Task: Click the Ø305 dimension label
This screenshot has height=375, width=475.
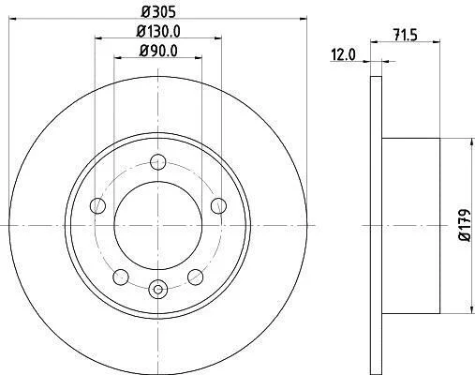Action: pos(158,11)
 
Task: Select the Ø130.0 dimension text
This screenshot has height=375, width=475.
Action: pos(158,31)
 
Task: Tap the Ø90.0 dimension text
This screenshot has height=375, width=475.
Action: pos(158,51)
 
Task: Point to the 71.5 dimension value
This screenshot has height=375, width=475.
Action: pos(406,35)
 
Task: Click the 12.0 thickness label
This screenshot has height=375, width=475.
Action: pos(343,55)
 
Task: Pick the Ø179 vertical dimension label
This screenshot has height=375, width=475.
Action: pos(465,225)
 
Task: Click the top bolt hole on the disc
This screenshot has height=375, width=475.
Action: pos(157,162)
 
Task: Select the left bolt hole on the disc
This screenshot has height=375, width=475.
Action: pos(97,206)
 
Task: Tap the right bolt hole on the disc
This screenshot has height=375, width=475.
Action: pos(218,206)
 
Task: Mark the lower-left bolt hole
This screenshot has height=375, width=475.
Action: pos(121,277)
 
